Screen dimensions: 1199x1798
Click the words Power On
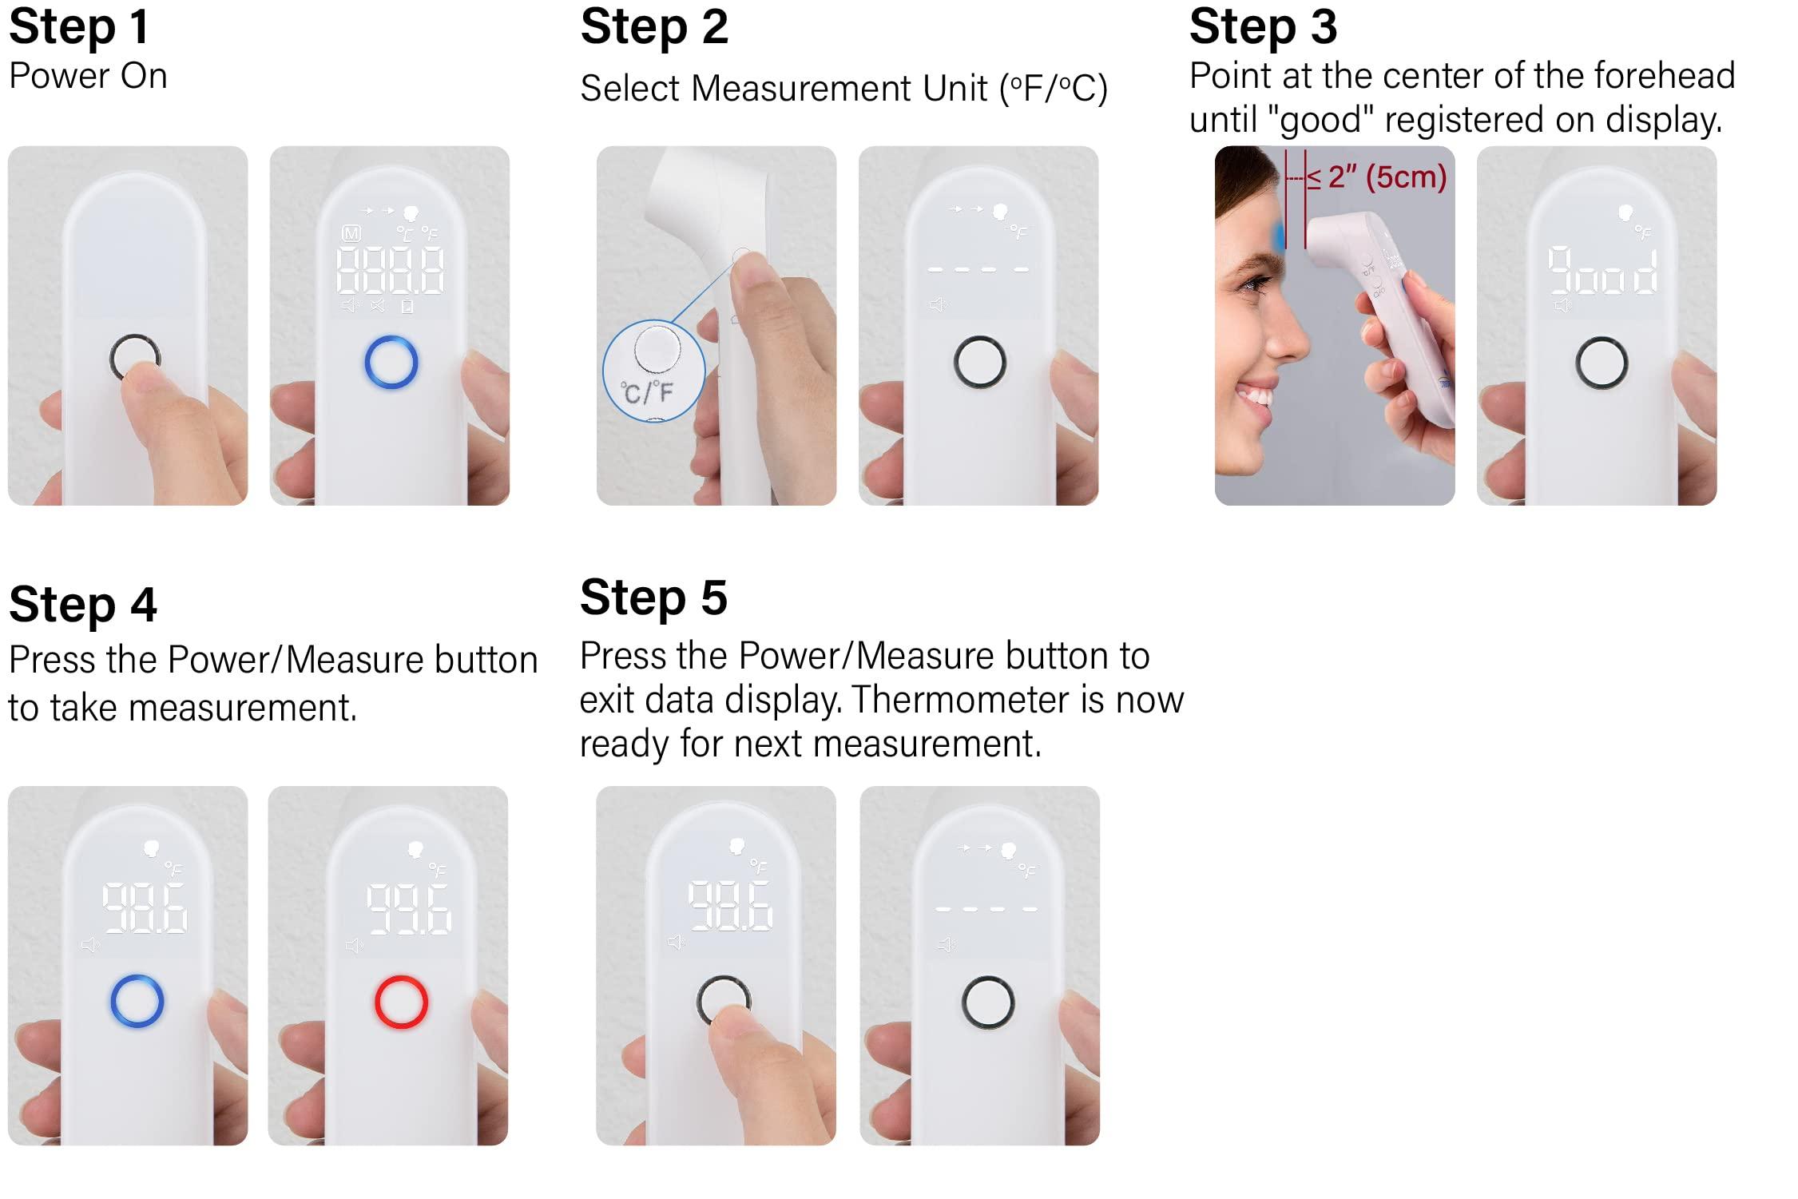[88, 77]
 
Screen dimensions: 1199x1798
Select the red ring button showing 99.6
[401, 1002]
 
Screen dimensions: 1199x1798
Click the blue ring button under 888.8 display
[391, 363]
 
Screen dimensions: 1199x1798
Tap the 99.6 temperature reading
[408, 909]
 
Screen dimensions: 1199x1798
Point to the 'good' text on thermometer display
[1602, 272]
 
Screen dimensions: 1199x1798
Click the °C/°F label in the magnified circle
[648, 391]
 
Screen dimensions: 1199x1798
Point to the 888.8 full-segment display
[391, 270]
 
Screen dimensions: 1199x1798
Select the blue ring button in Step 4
[137, 1001]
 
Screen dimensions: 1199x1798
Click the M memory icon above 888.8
[351, 233]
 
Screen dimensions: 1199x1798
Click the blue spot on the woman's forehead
[1280, 236]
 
